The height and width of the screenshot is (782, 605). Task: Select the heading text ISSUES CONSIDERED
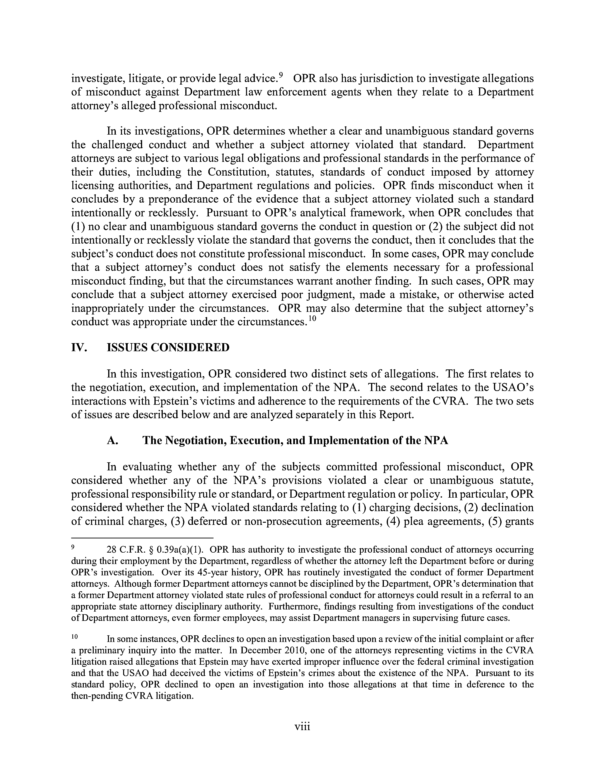tap(168, 347)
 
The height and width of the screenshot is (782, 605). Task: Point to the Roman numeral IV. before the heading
tap(79, 347)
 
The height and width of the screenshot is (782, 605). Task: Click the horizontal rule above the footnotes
tap(142, 538)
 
